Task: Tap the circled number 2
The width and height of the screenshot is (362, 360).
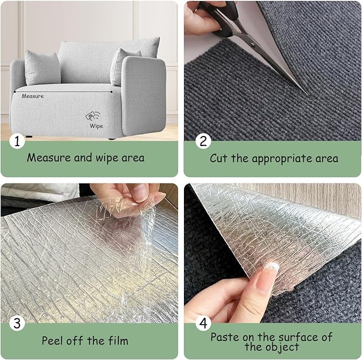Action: [203, 141]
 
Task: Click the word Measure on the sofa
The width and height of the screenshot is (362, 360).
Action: [33, 97]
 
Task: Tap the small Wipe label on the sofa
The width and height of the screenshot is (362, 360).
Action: [96, 126]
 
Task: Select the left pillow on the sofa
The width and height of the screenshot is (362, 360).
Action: [43, 68]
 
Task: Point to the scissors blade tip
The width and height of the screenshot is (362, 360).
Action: [305, 93]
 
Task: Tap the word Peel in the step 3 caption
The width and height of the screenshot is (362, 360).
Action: [53, 340]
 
